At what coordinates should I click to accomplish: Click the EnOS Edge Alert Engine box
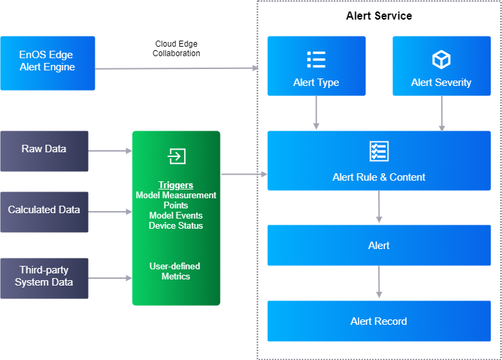pyautogui.click(x=47, y=63)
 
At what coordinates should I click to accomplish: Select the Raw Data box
pyautogui.click(x=44, y=150)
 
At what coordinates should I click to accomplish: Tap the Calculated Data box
pyautogui.click(x=44, y=211)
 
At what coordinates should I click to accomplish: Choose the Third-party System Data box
pyautogui.click(x=44, y=277)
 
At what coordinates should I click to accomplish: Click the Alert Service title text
pyautogui.click(x=378, y=16)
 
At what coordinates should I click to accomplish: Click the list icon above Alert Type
pyautogui.click(x=316, y=60)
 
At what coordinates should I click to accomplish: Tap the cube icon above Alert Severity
pyautogui.click(x=441, y=60)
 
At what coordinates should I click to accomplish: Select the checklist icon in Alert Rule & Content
pyautogui.click(x=379, y=151)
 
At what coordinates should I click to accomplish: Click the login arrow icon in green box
pyautogui.click(x=176, y=156)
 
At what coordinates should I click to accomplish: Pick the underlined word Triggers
pyautogui.click(x=176, y=185)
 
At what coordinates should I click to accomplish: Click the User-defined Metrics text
pyautogui.click(x=176, y=271)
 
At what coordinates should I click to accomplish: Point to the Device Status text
pyautogui.click(x=176, y=225)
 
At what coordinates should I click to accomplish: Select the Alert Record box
pyautogui.click(x=379, y=321)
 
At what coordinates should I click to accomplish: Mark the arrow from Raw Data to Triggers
pyautogui.click(x=110, y=150)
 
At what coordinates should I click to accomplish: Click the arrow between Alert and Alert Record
pyautogui.click(x=379, y=281)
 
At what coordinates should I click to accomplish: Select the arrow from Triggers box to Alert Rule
pyautogui.click(x=244, y=175)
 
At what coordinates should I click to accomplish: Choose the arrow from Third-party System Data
pyautogui.click(x=110, y=277)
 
